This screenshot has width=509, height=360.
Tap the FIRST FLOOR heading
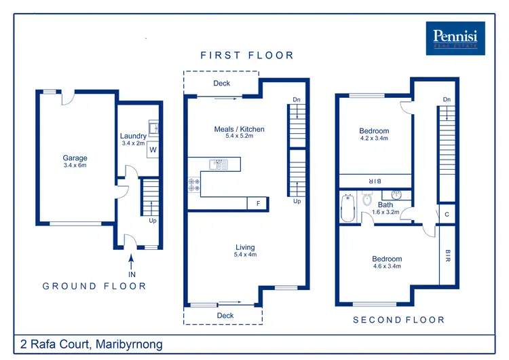click(247, 55)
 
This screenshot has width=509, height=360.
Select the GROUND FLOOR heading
click(94, 286)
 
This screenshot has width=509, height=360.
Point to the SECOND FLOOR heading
click(398, 319)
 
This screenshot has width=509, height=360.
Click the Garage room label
click(75, 158)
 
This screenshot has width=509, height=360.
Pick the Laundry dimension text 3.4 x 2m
click(134, 143)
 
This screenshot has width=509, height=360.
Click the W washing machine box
click(153, 149)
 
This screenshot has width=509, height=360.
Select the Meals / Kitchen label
click(240, 129)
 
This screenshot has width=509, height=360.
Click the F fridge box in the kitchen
click(258, 202)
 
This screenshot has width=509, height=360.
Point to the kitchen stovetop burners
click(195, 183)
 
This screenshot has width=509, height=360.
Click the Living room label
click(245, 247)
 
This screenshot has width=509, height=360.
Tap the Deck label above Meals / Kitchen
click(222, 84)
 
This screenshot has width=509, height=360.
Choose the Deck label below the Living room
click(225, 316)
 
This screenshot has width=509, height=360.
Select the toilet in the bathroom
click(367, 200)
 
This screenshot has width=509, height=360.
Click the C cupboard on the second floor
click(447, 215)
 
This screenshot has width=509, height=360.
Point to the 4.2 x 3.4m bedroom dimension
click(374, 139)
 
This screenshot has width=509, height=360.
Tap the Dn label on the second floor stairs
click(447, 100)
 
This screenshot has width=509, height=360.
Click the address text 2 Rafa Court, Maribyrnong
click(92, 344)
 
